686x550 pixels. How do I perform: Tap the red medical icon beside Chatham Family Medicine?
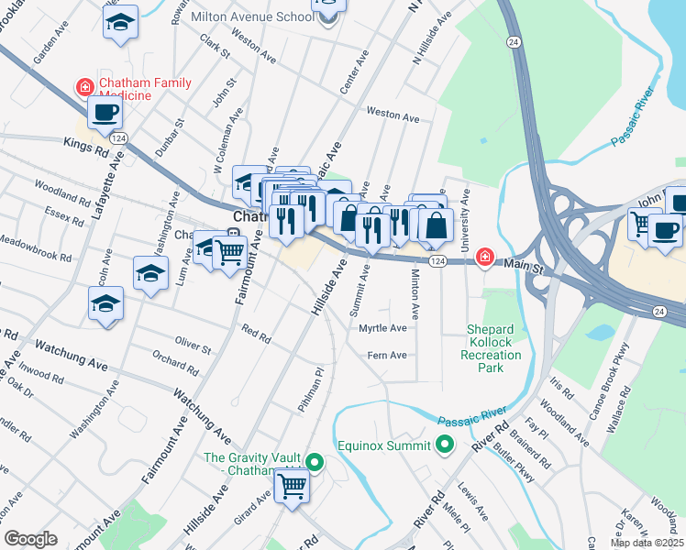click(84, 88)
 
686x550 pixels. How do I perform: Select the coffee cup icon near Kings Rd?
click(104, 113)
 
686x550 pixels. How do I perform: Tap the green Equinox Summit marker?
click(446, 446)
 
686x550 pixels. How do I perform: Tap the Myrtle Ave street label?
click(382, 327)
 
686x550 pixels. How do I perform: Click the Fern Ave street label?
click(386, 355)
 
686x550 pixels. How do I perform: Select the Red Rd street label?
click(255, 332)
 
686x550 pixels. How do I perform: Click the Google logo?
click(30, 539)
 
